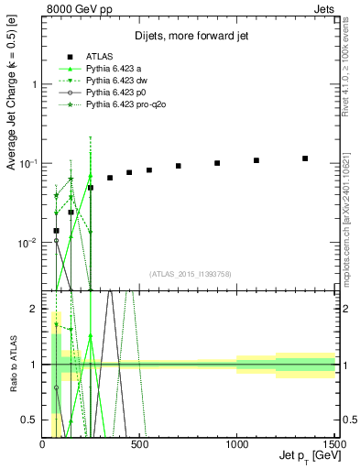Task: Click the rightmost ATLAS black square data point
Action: point(305,158)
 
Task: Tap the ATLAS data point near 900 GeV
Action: point(217,163)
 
